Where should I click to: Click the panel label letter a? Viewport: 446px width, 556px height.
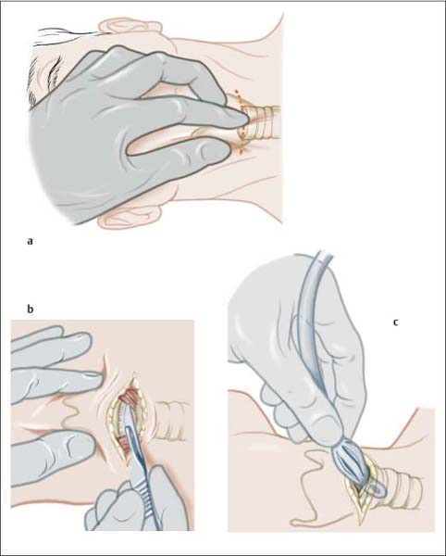(x=30, y=242)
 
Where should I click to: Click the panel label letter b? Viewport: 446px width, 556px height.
(x=31, y=310)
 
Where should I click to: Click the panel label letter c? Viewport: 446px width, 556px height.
(x=395, y=322)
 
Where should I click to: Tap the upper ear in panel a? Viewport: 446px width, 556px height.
(x=130, y=27)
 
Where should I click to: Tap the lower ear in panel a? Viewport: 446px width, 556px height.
(x=130, y=218)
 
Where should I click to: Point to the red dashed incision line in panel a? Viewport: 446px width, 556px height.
(x=241, y=122)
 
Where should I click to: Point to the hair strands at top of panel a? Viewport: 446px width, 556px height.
(x=68, y=35)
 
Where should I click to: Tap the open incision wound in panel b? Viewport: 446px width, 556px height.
(x=127, y=420)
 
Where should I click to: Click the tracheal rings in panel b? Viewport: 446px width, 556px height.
(x=169, y=421)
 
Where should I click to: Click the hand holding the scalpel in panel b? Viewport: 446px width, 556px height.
(x=138, y=503)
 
